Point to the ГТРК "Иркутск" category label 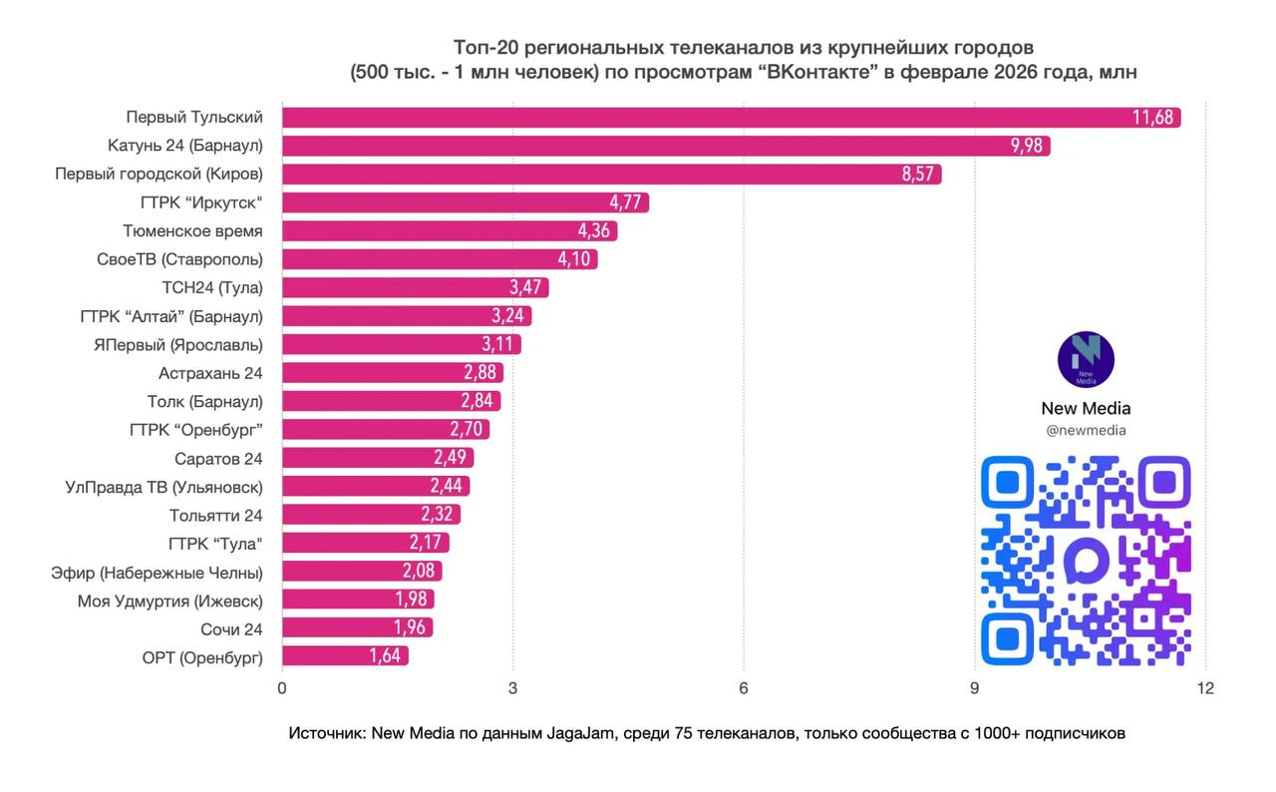point(202,202)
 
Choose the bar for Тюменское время point(450,231)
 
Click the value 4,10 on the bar point(576,259)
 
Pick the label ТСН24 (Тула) point(212,287)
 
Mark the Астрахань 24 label point(210,373)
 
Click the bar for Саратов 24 point(378,458)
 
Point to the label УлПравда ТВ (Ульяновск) point(164,487)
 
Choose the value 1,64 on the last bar point(387,656)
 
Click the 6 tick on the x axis point(744,688)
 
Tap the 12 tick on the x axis point(1205,688)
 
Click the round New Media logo point(1086,360)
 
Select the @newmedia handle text point(1086,431)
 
